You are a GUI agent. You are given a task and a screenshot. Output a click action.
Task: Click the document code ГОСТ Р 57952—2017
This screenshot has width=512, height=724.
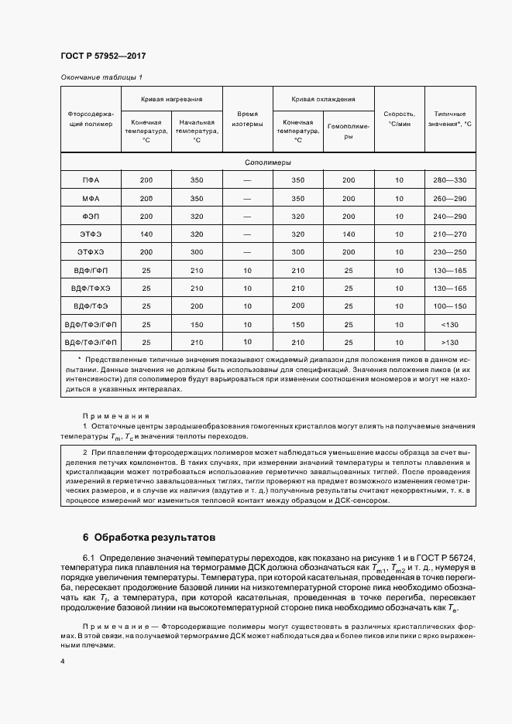pyautogui.click(x=102, y=56)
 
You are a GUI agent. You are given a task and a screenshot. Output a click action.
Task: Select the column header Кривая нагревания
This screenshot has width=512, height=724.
pyautogui.click(x=171, y=100)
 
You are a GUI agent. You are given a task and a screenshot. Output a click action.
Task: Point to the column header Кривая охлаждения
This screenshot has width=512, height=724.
pyautogui.click(x=323, y=100)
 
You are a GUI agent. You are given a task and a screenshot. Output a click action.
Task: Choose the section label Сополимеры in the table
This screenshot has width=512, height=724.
pyautogui.click(x=268, y=163)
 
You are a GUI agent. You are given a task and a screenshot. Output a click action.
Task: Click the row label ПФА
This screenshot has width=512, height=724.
pyautogui.click(x=91, y=180)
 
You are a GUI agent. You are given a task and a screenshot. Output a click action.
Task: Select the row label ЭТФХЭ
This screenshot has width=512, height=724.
pyautogui.click(x=91, y=252)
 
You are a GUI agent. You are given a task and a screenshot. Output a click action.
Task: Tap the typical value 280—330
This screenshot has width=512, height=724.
pyautogui.click(x=450, y=180)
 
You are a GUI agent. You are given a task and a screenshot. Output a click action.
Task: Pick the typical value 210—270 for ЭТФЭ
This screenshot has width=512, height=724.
pyautogui.click(x=450, y=234)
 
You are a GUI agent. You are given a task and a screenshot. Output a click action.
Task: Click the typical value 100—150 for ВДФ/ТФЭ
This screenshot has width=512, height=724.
pyautogui.click(x=450, y=306)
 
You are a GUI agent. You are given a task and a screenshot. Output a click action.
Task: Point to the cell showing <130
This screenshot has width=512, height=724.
pyautogui.click(x=450, y=324)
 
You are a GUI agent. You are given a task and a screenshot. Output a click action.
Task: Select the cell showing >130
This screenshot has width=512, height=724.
pyautogui.click(x=450, y=342)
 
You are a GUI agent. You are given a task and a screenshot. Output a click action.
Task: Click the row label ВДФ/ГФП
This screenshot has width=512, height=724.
pyautogui.click(x=91, y=270)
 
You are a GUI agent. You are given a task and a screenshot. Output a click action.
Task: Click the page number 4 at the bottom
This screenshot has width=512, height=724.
pyautogui.click(x=62, y=661)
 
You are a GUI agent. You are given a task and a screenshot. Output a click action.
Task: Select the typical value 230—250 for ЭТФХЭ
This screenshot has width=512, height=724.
pyautogui.click(x=450, y=252)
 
